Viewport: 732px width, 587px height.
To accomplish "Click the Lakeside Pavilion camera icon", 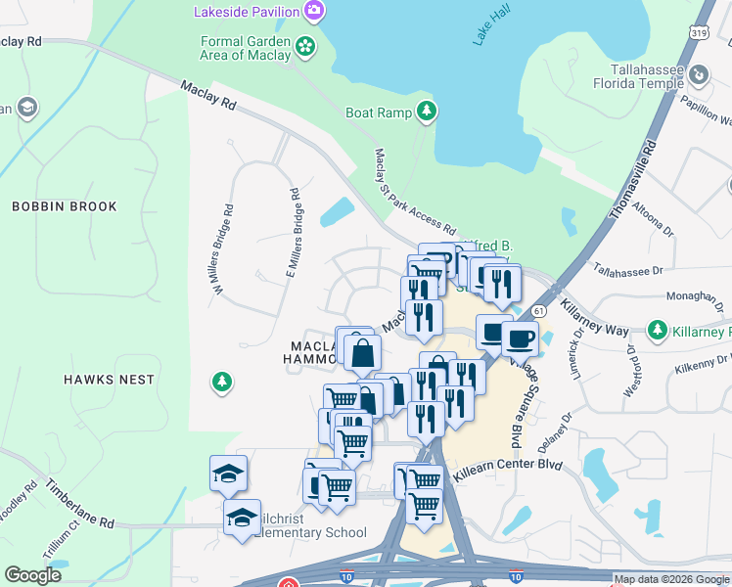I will [314, 11].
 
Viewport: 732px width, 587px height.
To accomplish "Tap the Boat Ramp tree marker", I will [426, 113].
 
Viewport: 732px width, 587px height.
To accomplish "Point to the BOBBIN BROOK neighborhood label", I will [65, 206].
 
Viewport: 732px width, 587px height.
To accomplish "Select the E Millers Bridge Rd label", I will [294, 235].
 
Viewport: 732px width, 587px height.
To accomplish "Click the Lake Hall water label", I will [491, 26].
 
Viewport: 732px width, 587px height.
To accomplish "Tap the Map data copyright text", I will [670, 579].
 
